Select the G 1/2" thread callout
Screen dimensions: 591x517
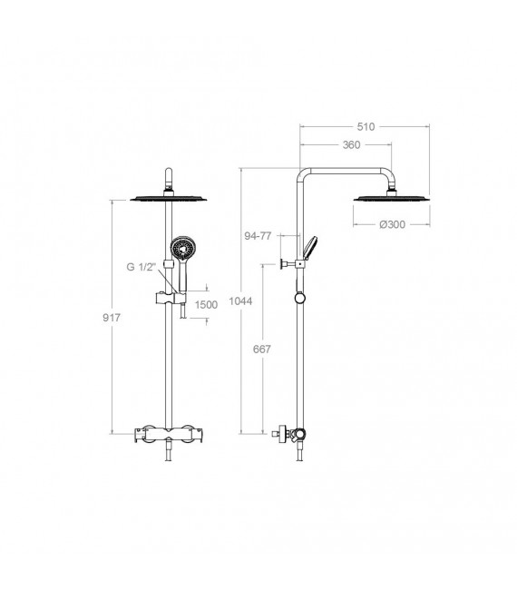coord(142,267)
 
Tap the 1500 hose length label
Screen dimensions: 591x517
coord(206,305)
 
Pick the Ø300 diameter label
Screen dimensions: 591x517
coord(393,223)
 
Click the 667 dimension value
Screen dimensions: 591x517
coord(260,350)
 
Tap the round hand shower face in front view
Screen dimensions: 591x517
coord(181,249)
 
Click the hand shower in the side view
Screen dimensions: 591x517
coord(310,247)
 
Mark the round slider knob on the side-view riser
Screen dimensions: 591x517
coord(298,299)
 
